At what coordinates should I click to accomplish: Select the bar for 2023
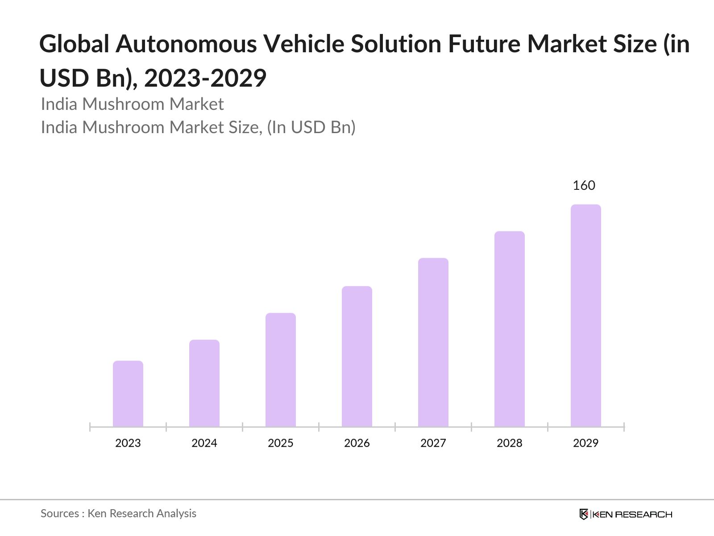click(x=128, y=394)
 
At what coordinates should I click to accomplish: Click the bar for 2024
click(x=204, y=383)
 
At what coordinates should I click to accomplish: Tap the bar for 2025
click(x=281, y=370)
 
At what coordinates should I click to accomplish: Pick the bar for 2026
click(x=357, y=356)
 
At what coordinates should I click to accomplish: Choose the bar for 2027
click(x=433, y=342)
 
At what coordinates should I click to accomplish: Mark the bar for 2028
click(x=510, y=329)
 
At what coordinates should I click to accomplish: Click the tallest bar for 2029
click(x=586, y=315)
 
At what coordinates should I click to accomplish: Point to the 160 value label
click(x=584, y=185)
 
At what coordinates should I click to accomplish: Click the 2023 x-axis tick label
click(x=128, y=443)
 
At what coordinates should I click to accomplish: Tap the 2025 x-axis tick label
click(x=281, y=443)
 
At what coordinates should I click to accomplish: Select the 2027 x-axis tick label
click(x=433, y=443)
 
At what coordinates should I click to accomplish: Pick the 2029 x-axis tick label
click(x=586, y=443)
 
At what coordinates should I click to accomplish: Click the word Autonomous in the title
click(x=186, y=44)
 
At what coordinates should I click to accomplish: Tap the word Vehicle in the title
click(x=303, y=44)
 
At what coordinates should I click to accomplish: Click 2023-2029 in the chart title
click(x=205, y=78)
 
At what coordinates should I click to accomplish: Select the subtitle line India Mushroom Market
click(x=132, y=104)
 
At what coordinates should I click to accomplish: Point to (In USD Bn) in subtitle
click(x=311, y=127)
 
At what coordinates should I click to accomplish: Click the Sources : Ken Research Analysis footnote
click(x=118, y=514)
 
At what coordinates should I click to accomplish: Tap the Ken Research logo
click(x=626, y=514)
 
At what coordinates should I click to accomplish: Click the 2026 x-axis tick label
click(x=357, y=443)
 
